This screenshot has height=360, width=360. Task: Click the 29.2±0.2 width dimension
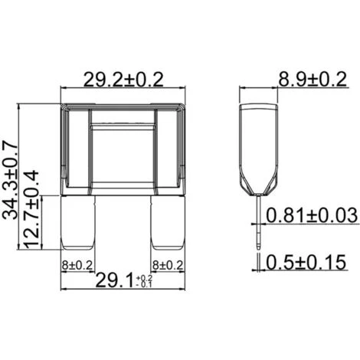pyautogui.click(x=123, y=80)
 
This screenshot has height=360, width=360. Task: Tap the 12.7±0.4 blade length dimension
pyautogui.click(x=31, y=210)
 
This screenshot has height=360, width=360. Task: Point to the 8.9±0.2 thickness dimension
pyautogui.click(x=313, y=80)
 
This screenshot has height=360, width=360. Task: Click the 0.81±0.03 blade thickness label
pyautogui.click(x=312, y=215)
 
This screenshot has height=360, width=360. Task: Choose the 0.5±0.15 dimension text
pyautogui.click(x=306, y=262)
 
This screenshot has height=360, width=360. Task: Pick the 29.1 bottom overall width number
pyautogui.click(x=114, y=280)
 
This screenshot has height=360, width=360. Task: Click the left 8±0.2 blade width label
pyautogui.click(x=77, y=266)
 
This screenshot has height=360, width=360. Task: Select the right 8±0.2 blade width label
pyautogui.click(x=168, y=266)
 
